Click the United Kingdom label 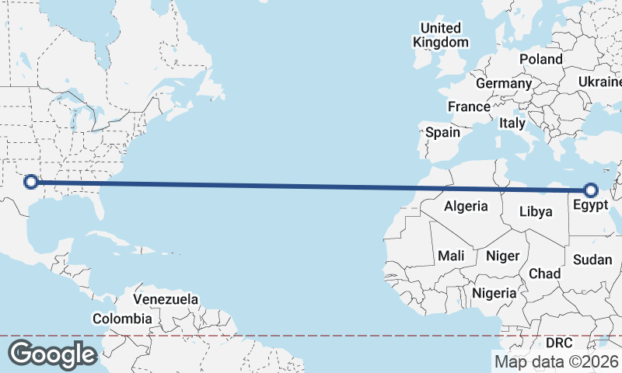[x=441, y=36]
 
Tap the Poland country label [x=541, y=59]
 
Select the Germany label [x=504, y=83]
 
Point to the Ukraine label [x=600, y=82]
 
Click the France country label [x=469, y=107]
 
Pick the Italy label [x=512, y=123]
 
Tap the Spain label [x=442, y=132]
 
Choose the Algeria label [x=466, y=206]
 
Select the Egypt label [x=589, y=206]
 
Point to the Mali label [x=451, y=256]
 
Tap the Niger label [x=502, y=256]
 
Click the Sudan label [x=592, y=260]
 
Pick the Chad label [x=544, y=274]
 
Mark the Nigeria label [x=494, y=293]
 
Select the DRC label [x=559, y=343]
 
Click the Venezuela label [x=166, y=299]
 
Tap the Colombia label [x=122, y=319]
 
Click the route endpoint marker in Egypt [x=590, y=190]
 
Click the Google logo [x=52, y=354]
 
